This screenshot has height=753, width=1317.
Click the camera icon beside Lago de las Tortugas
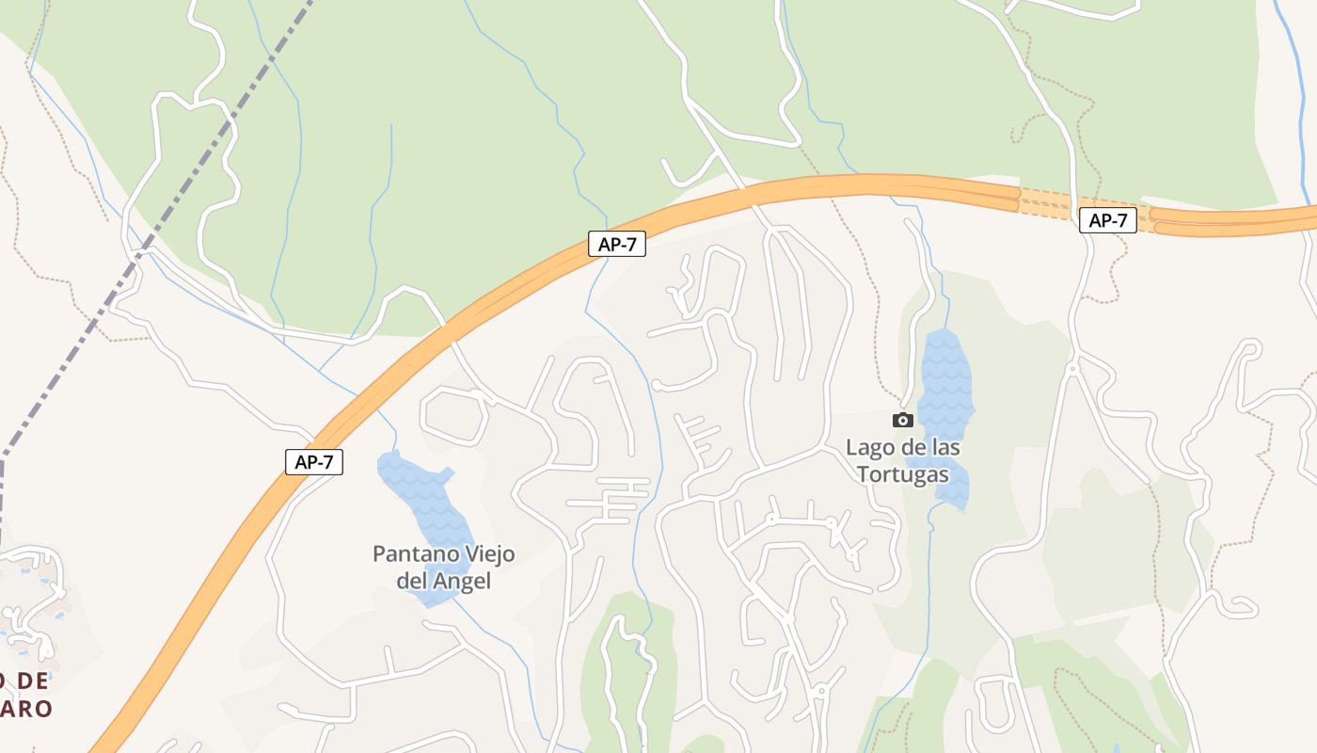click(903, 420)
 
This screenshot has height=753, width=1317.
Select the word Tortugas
click(903, 473)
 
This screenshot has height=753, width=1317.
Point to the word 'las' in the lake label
click(944, 447)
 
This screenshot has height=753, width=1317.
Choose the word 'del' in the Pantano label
click(412, 581)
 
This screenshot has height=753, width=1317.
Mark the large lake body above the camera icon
click(944, 376)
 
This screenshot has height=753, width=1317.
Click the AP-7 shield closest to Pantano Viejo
click(314, 462)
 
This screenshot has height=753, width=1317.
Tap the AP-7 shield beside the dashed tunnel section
click(1107, 221)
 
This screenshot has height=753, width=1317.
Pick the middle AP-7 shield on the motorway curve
click(617, 245)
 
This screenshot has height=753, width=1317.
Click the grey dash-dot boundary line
click(141, 254)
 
